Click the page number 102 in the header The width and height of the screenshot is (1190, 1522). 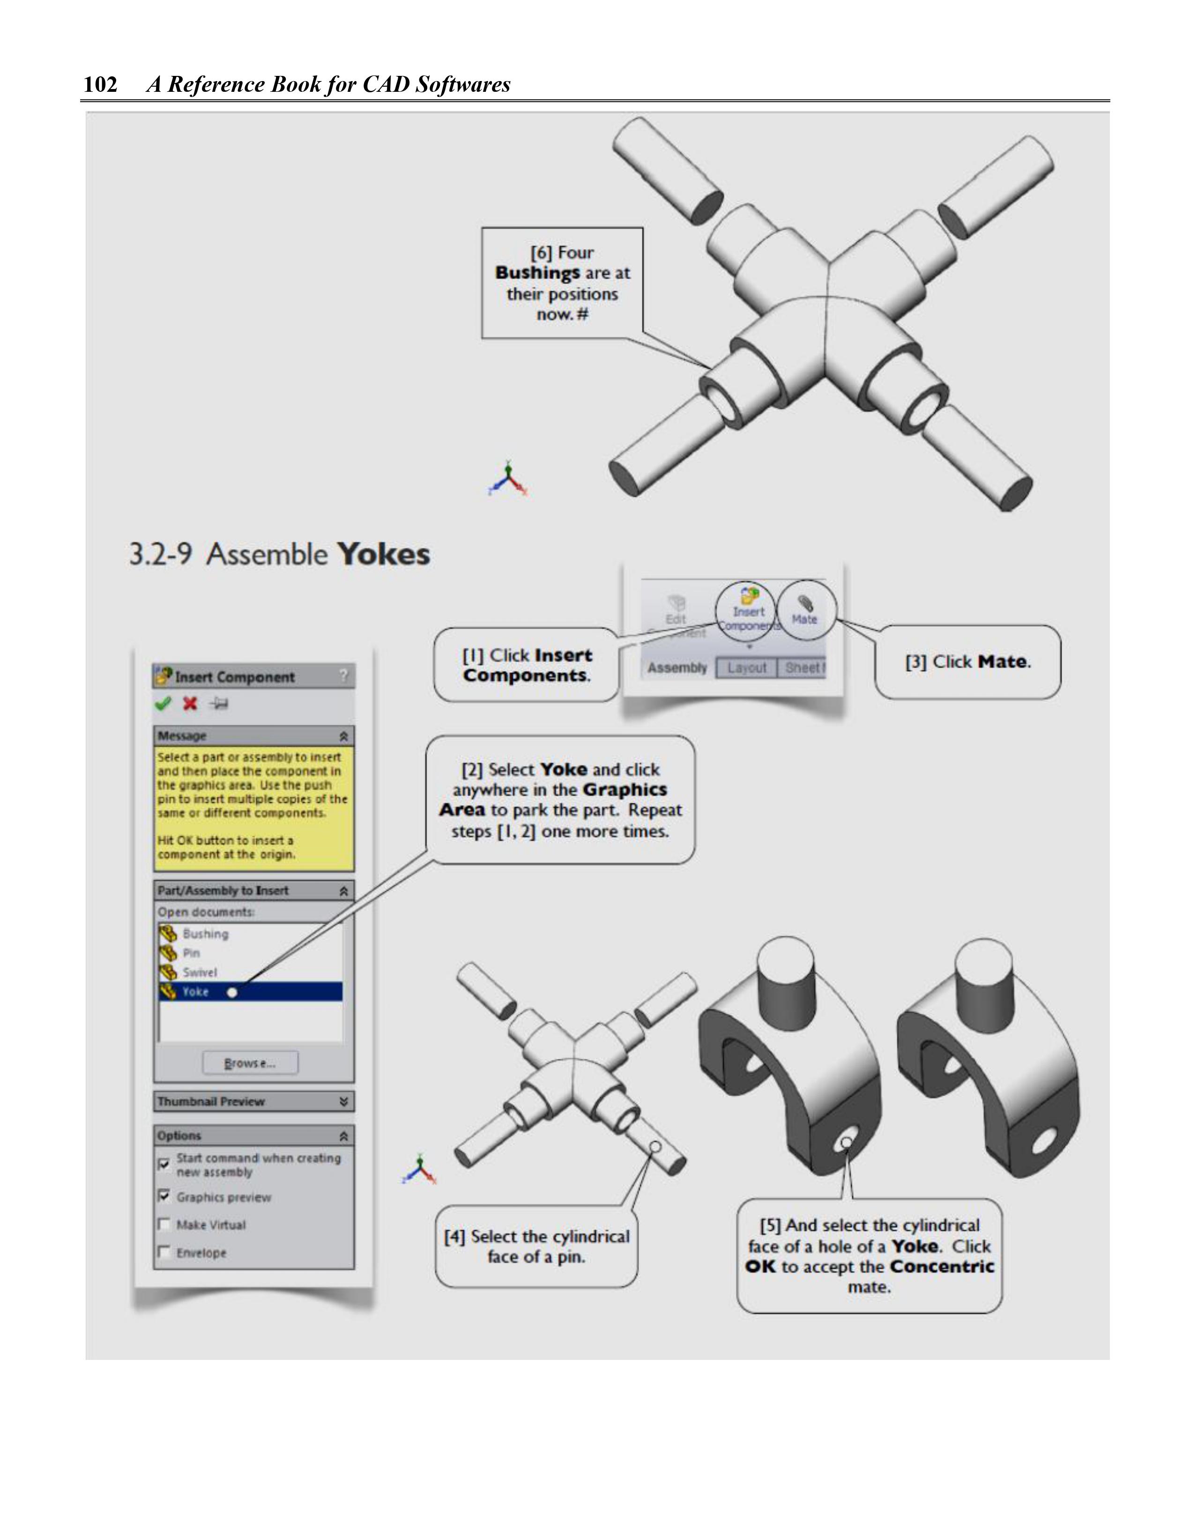pos(100,84)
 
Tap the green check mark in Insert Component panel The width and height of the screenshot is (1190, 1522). pos(163,704)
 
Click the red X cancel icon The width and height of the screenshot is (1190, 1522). pos(190,704)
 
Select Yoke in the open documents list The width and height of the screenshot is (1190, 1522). pos(195,992)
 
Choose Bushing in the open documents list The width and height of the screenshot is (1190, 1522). pos(205,934)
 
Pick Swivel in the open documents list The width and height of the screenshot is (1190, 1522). pos(200,972)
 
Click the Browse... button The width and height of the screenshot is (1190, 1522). pos(250,1063)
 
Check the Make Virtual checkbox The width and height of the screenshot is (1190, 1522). pos(164,1225)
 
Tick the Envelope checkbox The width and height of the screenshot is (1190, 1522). pos(164,1252)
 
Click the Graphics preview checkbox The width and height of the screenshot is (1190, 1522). pos(164,1196)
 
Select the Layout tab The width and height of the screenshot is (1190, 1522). pos(747,668)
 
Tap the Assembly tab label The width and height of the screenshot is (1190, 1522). pos(677,668)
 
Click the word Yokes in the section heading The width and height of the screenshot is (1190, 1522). pos(383,555)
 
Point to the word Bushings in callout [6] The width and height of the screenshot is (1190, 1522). pos(537,273)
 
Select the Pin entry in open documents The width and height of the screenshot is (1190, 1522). pos(191,953)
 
